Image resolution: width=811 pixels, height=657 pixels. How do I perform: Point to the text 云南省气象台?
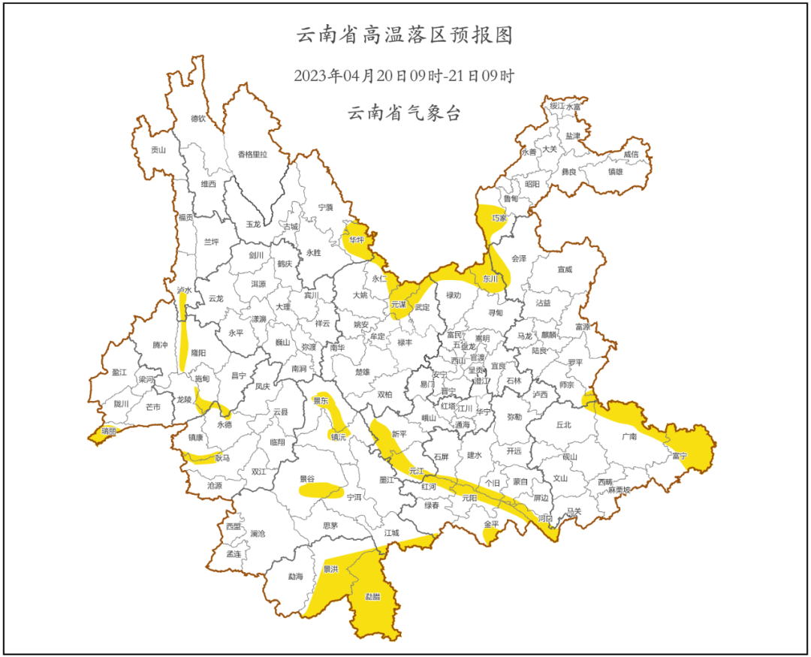click(x=404, y=113)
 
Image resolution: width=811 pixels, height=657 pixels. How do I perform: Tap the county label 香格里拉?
click(x=252, y=155)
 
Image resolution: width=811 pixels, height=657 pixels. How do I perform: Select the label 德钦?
click(x=197, y=119)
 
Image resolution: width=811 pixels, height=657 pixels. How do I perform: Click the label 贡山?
click(x=158, y=149)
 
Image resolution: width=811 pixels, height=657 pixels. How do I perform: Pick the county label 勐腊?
click(x=372, y=597)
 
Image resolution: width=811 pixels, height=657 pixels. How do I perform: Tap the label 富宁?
click(x=680, y=456)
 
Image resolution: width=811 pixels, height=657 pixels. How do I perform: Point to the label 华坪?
click(x=356, y=240)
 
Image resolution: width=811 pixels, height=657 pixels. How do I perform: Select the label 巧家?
click(x=499, y=218)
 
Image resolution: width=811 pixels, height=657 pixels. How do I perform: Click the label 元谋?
click(x=399, y=305)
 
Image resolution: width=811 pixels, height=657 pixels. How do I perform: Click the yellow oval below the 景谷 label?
click(x=321, y=491)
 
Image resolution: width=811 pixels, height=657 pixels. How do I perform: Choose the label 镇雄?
click(x=615, y=171)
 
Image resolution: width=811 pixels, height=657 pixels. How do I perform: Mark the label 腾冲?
click(x=160, y=345)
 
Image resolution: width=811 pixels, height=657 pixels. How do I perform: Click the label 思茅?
click(x=330, y=526)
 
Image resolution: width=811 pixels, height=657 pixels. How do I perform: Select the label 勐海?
click(x=296, y=577)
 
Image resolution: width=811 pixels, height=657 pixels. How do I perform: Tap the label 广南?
click(x=629, y=435)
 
